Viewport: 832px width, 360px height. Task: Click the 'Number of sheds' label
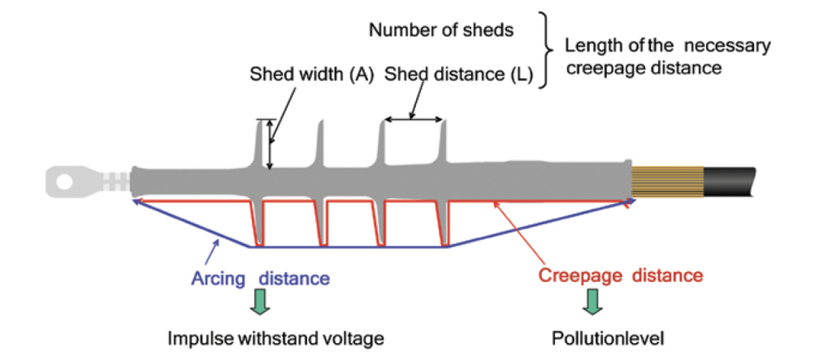[x=441, y=31]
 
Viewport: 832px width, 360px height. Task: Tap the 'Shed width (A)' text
[x=311, y=75]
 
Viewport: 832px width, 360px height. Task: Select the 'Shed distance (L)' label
[x=458, y=75]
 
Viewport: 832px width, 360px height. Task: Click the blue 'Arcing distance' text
[x=260, y=278]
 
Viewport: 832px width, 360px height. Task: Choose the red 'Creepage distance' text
[x=620, y=275]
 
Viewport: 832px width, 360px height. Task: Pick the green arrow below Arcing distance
[x=260, y=302]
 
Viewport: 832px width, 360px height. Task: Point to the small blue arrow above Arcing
[x=212, y=247]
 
